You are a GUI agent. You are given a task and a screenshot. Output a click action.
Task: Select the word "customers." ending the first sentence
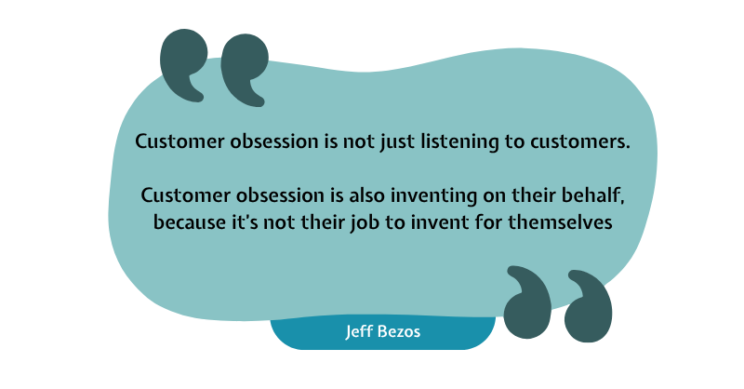579,141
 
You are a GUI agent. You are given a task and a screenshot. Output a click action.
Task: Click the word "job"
365,222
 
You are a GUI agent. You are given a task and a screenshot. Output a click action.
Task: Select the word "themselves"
560,221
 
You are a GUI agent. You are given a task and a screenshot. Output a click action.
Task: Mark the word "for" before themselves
489,221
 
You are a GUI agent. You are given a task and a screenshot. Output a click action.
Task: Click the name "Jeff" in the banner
358,331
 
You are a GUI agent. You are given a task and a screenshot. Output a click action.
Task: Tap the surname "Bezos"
398,331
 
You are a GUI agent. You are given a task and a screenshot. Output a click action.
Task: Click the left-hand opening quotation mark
183,64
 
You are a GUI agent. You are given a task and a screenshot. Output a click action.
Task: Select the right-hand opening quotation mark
245,70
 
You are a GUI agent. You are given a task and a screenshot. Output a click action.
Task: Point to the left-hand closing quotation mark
527,302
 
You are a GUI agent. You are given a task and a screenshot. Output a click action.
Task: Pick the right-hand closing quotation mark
589,306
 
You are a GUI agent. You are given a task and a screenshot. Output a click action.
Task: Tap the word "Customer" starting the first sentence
179,141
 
